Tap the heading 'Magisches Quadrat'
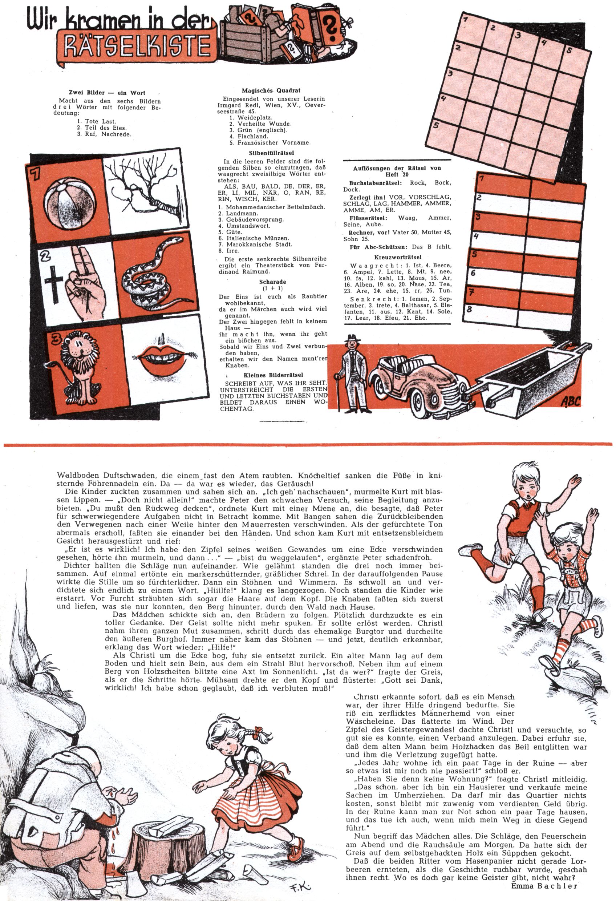tap(271, 91)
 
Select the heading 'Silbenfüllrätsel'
tap(271, 153)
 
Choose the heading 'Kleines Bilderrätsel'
tap(273, 375)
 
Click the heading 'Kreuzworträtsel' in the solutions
tap(397, 257)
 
